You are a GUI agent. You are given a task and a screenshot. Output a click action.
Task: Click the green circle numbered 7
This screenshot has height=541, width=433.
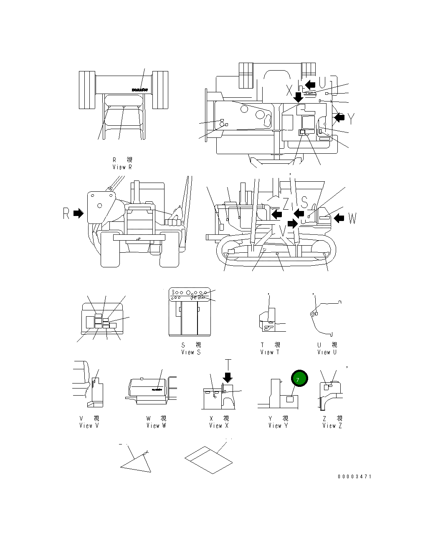pos(299,378)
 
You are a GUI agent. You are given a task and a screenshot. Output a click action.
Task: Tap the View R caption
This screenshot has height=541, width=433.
pos(122,163)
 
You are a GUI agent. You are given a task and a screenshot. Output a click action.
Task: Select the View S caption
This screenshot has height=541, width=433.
pos(191,348)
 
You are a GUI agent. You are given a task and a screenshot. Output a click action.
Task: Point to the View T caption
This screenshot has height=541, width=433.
pos(270,348)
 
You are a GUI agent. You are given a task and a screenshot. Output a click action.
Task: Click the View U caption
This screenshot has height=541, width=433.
pos(327,348)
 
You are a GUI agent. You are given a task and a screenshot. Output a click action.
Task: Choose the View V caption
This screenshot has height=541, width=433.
pos(89,422)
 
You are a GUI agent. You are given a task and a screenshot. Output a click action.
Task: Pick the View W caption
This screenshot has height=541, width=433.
pos(156,422)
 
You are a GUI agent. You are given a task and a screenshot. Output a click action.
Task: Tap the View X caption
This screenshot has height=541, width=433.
pos(219,422)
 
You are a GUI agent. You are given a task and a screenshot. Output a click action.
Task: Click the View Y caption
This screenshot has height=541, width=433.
pos(278,422)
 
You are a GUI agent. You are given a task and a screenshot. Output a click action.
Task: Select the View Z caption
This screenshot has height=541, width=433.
pos(332,422)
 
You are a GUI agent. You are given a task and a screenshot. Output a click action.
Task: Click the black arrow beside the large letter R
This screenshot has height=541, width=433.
pos(78,213)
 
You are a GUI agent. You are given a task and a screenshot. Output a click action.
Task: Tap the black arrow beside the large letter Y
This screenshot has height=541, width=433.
pos(339,117)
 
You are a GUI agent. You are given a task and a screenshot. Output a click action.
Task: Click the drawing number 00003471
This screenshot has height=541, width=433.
pos(354,476)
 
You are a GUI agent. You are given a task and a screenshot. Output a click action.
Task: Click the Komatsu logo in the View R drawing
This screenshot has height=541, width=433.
pos(139,89)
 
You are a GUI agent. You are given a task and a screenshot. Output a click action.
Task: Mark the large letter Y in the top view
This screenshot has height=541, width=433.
pos(352,119)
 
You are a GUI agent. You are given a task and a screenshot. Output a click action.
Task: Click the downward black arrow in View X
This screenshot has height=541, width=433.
pos(228,377)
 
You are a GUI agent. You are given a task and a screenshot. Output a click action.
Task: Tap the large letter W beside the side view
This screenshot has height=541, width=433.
pos(352,218)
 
